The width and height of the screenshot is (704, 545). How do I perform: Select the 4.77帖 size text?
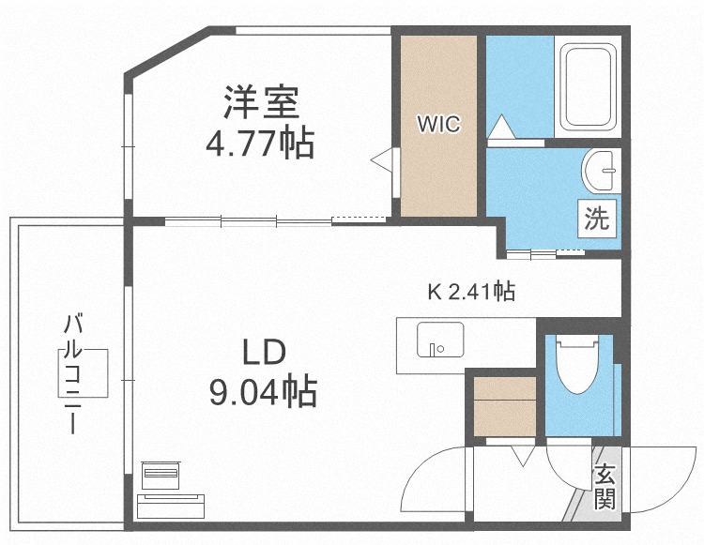(x=260, y=144)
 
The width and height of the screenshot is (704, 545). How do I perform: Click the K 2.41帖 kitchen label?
(x=470, y=292)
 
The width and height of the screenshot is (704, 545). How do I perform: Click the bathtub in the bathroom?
(x=589, y=88)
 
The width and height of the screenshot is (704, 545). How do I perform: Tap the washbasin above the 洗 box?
(x=600, y=170)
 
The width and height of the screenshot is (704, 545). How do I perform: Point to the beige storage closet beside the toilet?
(x=505, y=404)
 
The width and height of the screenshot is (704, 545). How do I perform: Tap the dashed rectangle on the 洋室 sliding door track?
(x=358, y=219)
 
